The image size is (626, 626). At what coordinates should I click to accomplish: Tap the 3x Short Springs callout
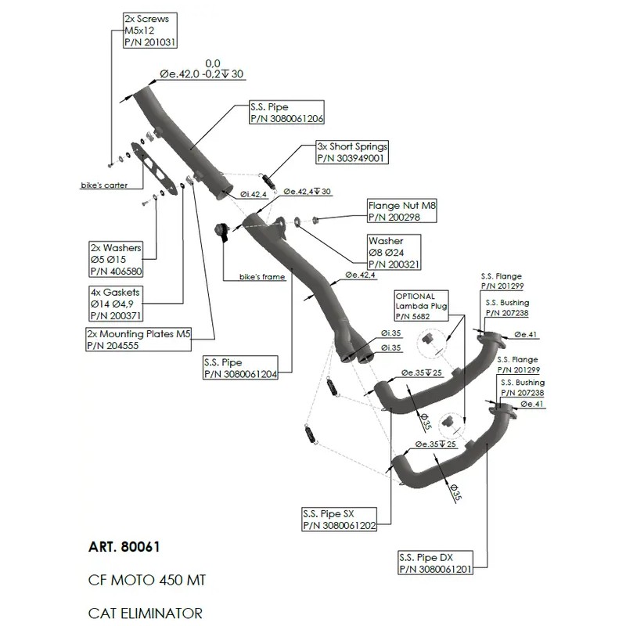pos(351,152)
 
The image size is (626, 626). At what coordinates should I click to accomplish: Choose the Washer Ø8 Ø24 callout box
pos(396,253)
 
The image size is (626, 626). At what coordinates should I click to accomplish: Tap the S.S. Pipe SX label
pos(339,520)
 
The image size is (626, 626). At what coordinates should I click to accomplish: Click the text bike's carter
pos(105,185)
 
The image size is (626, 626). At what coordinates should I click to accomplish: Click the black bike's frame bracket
pos(222,233)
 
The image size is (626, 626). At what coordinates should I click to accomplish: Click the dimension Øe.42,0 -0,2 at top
pos(202,74)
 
